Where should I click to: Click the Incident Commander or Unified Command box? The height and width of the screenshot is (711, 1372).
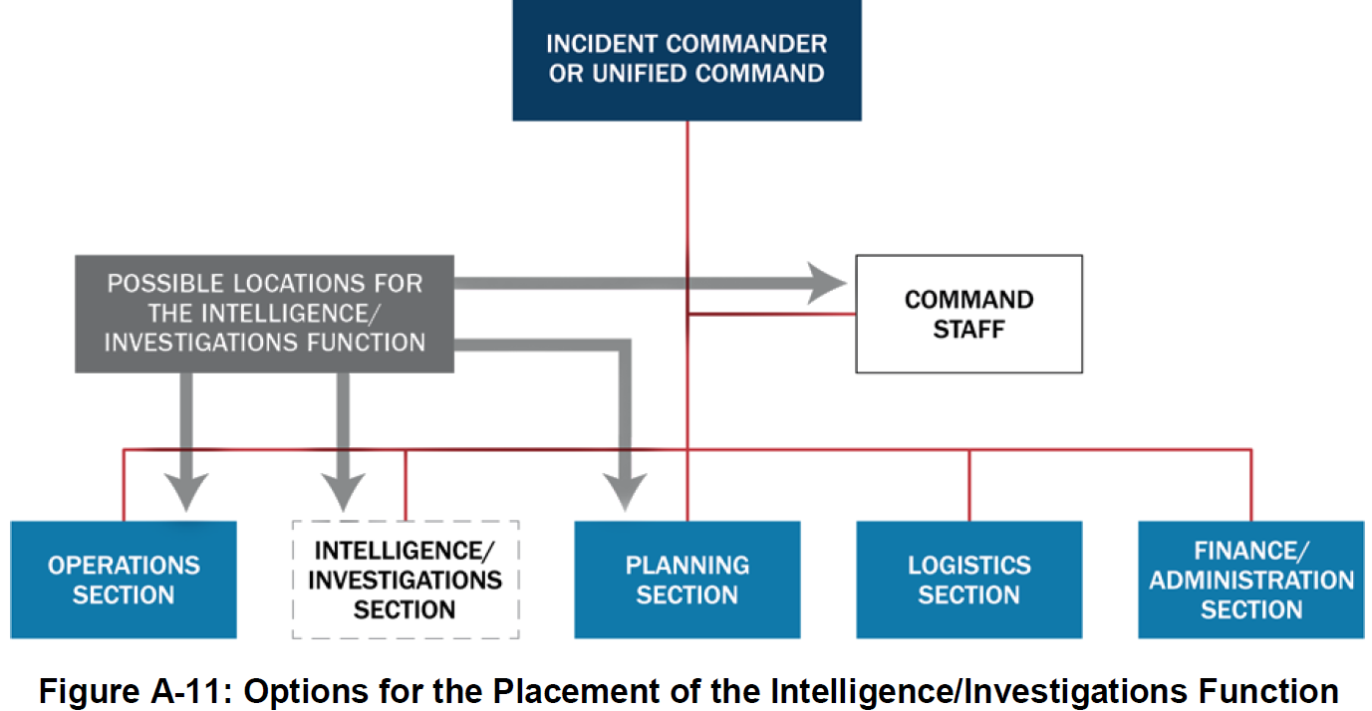[686, 60]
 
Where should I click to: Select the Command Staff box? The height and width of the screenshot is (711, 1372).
[968, 314]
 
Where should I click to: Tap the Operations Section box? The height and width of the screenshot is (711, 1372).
[124, 580]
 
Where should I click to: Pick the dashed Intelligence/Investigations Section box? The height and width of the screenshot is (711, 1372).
[405, 580]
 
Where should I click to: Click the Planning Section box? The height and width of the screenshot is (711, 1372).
[686, 580]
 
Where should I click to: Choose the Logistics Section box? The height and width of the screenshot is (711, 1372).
[968, 580]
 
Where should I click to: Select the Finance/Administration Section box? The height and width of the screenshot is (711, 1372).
[1250, 580]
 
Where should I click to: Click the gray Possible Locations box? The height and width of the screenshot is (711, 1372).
[264, 314]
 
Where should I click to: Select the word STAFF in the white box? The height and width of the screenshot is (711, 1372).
[968, 330]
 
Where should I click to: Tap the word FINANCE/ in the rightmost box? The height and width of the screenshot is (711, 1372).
[1250, 551]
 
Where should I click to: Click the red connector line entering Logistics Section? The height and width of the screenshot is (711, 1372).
[969, 485]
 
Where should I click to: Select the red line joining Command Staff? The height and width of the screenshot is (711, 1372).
[772, 314]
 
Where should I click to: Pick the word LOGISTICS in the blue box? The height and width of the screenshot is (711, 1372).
[968, 566]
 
